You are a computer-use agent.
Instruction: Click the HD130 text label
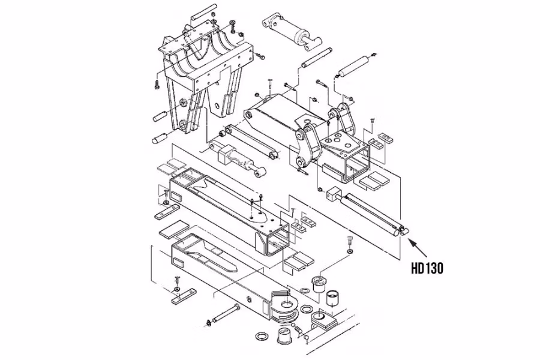pyautogui.click(x=427, y=268)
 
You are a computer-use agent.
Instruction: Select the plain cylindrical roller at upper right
pyautogui.click(x=354, y=65)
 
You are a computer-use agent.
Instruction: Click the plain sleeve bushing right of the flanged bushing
pyautogui.click(x=334, y=298)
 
